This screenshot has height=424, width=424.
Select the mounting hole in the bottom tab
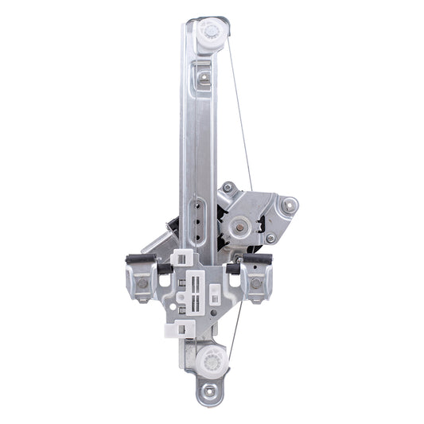(x=210, y=391)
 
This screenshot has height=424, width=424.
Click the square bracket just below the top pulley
(x=204, y=78)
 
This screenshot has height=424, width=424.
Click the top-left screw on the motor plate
(x=228, y=188)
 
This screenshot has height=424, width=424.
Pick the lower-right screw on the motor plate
(x=270, y=238)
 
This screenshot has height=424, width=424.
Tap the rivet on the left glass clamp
(x=142, y=283)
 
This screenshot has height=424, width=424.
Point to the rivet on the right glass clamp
(x=255, y=283)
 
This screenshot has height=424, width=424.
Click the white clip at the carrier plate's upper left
(x=181, y=259)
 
